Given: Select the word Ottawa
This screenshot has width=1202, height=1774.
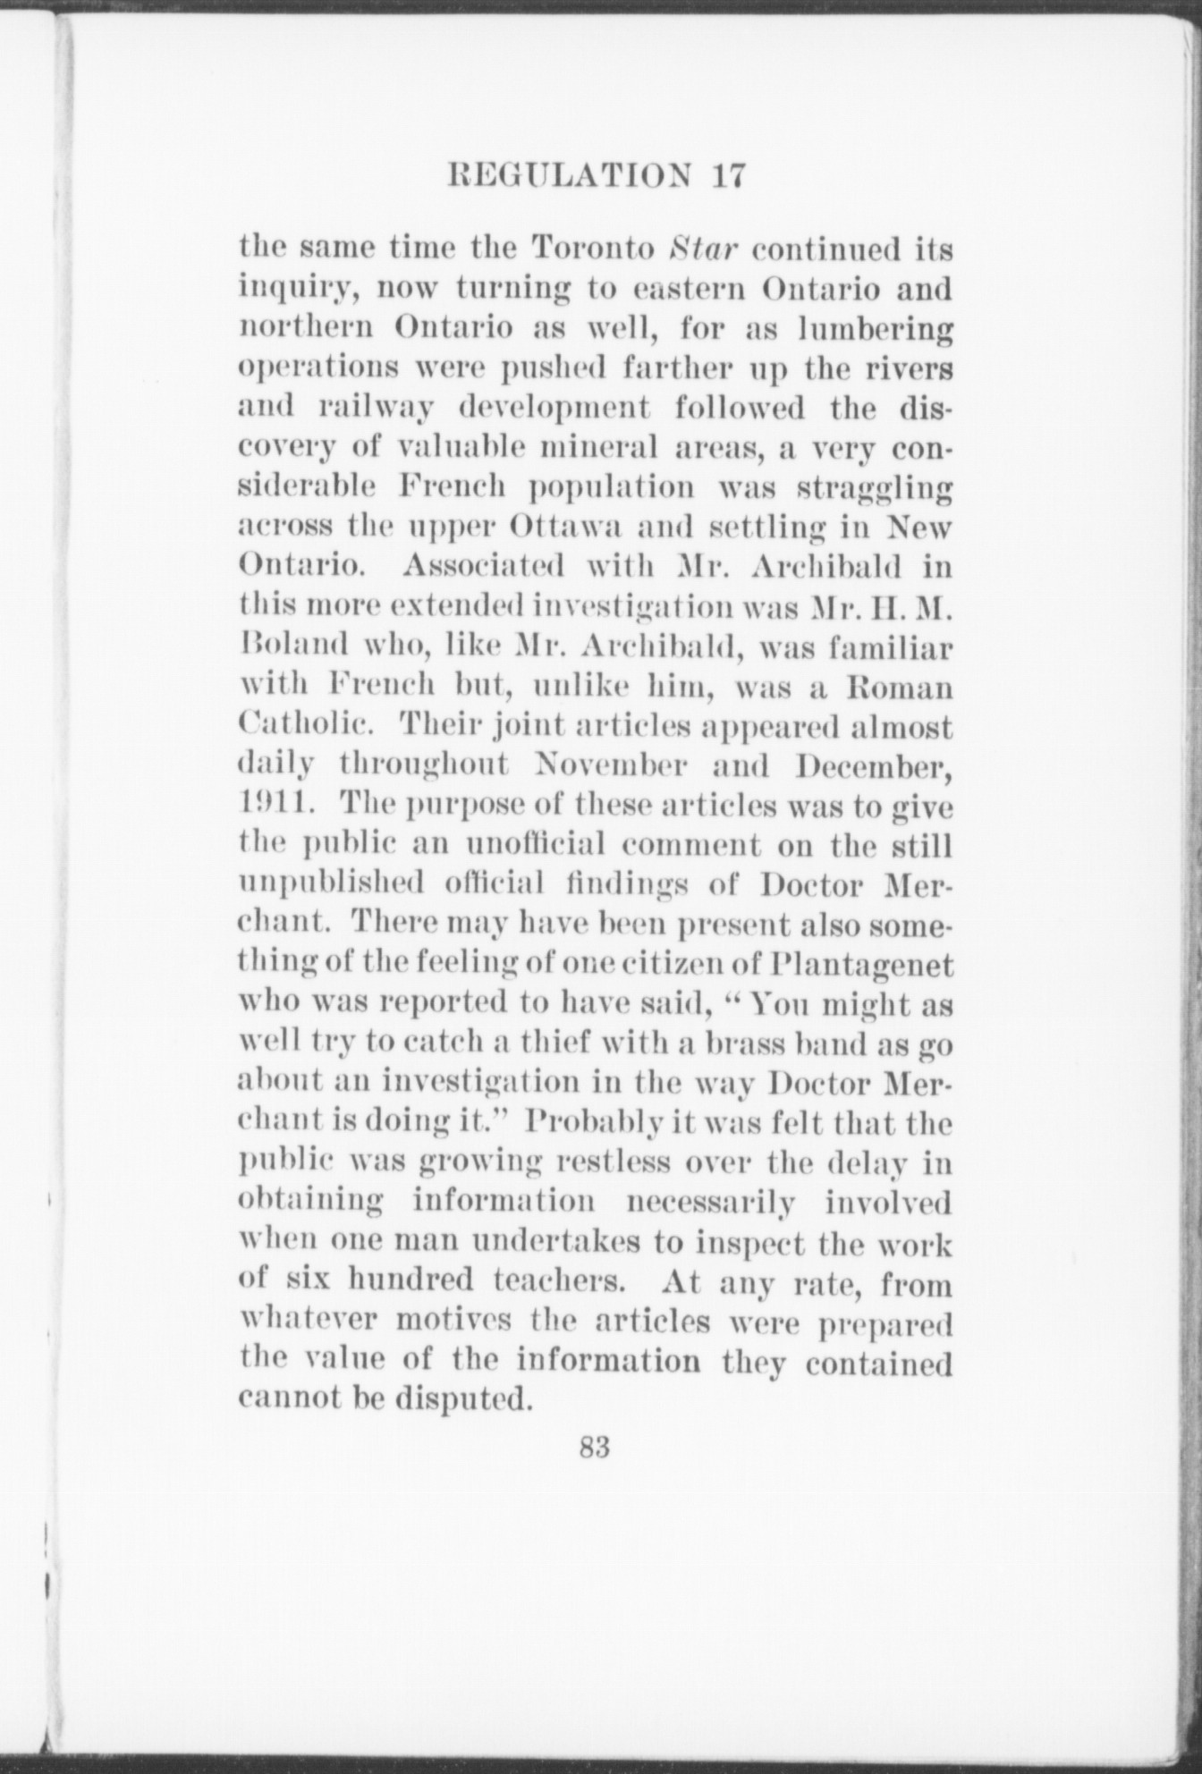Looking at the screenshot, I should [563, 528].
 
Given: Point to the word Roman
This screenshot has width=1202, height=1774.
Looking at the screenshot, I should [902, 687].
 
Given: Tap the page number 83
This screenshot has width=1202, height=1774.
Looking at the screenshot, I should [594, 1472].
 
